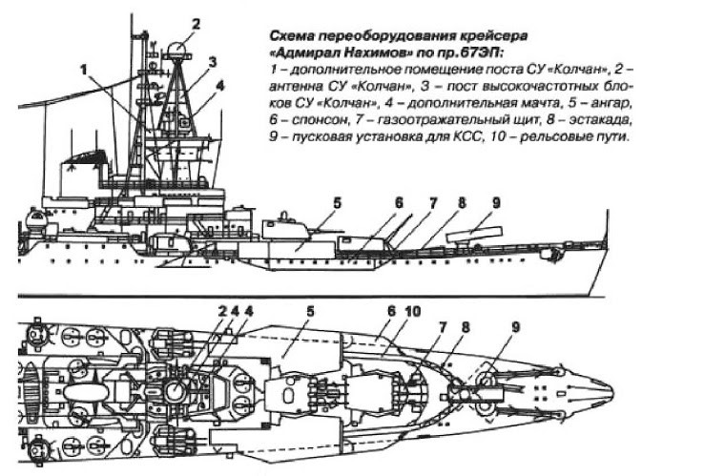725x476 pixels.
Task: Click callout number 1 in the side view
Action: [x=85, y=69]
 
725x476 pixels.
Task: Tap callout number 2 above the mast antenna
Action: [x=196, y=24]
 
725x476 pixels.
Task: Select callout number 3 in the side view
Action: [x=214, y=62]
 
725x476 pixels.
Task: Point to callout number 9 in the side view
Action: [x=495, y=202]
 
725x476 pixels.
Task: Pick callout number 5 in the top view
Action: [x=309, y=311]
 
